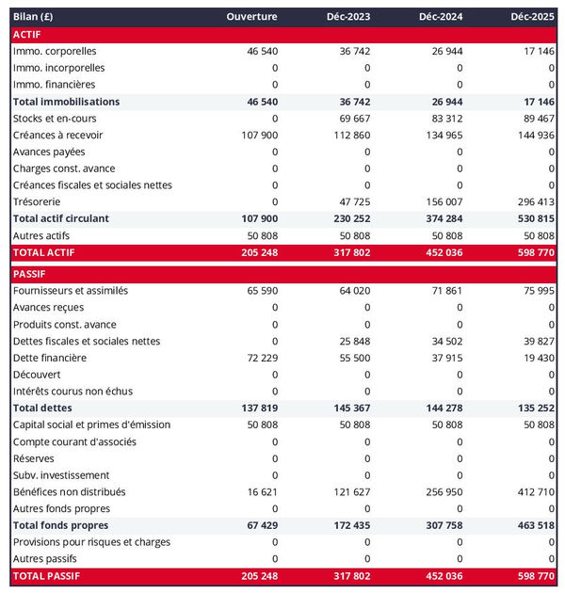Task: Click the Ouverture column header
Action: coord(251,17)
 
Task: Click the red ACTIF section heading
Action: coord(28,34)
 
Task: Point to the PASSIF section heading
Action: coord(30,274)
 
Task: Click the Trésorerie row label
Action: coord(39,201)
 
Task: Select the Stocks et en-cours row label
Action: coord(55,119)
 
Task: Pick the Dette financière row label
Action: coord(50,358)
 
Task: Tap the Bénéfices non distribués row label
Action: coord(70,491)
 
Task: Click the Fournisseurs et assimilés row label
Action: coord(71,291)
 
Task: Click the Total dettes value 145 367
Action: coord(348,409)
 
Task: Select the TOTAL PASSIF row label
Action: coord(46,575)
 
